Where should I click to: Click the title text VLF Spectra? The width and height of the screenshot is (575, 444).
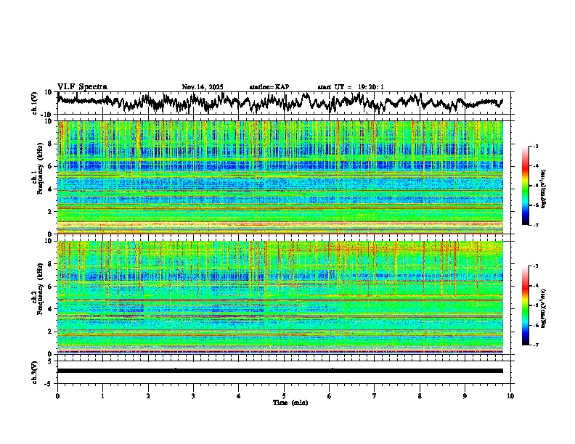(82, 86)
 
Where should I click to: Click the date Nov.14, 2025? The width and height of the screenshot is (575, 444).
(203, 87)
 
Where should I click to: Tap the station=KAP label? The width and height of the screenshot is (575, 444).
(269, 87)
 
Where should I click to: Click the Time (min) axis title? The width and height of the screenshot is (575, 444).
(284, 402)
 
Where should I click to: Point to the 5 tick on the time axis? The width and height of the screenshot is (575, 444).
(284, 395)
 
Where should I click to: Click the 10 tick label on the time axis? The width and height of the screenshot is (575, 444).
(510, 395)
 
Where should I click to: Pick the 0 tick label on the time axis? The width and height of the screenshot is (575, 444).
(57, 395)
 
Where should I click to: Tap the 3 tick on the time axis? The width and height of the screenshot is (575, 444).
(193, 395)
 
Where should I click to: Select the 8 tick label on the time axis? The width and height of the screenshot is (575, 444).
(420, 395)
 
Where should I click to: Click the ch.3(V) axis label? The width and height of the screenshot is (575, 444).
(34, 370)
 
